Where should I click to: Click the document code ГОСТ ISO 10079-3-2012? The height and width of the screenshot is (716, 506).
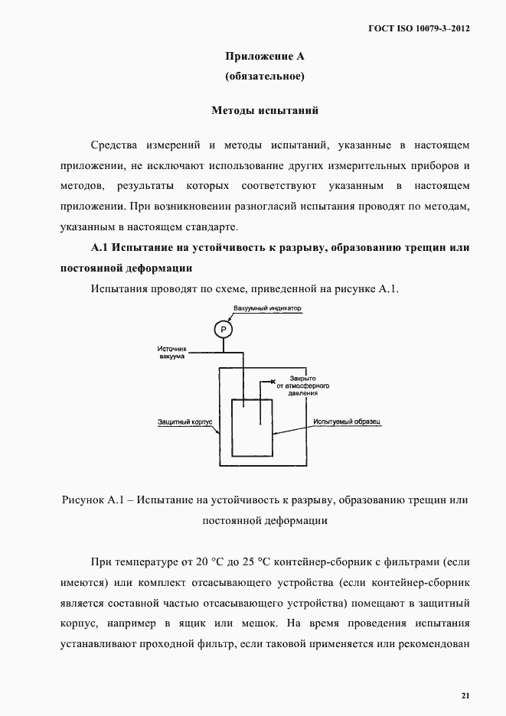(419, 28)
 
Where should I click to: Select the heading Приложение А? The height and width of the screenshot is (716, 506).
(265, 56)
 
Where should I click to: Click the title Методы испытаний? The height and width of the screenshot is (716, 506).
(265, 110)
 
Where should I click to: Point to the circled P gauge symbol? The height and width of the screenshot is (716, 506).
(223, 330)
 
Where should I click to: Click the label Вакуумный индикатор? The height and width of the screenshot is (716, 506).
(268, 309)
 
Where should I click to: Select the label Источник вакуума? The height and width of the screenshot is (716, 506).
(171, 353)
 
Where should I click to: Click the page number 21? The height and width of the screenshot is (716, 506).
(465, 695)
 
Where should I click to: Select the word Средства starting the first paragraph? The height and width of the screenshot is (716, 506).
(116, 145)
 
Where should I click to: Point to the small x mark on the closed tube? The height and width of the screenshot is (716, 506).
(273, 380)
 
